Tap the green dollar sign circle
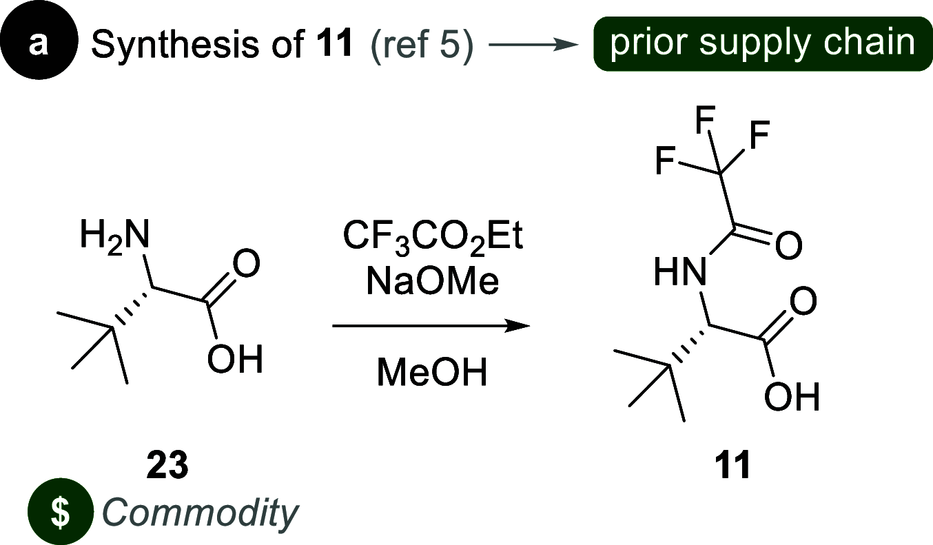[x=61, y=511]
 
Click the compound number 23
[x=167, y=467]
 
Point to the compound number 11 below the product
[x=731, y=467]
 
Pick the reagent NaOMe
[x=433, y=283]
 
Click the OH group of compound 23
[x=236, y=360]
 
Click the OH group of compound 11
[x=792, y=398]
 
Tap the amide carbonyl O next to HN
[x=789, y=245]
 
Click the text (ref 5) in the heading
[x=422, y=44]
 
